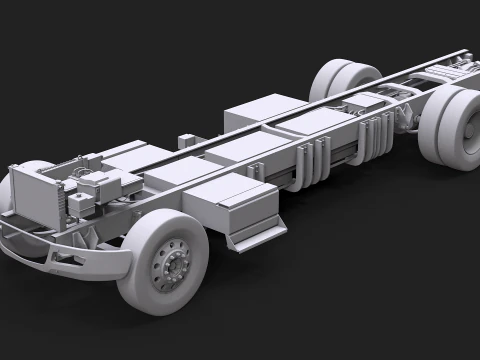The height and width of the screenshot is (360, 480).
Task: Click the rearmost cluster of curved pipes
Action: click(374, 134)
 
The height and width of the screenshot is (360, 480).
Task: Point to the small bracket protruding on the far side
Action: click(186, 141)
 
